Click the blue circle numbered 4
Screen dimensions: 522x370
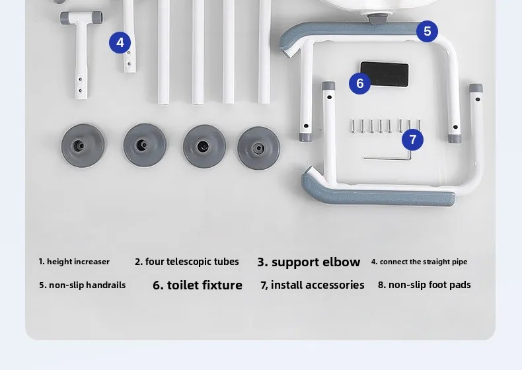click(x=120, y=43)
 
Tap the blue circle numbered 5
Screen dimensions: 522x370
click(x=427, y=31)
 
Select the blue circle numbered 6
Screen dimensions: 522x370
click(x=360, y=83)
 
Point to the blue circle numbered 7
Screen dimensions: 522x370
click(x=412, y=139)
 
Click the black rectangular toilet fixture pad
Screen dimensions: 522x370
click(x=385, y=74)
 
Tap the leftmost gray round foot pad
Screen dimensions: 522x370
click(x=83, y=145)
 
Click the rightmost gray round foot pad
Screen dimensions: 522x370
click(x=258, y=148)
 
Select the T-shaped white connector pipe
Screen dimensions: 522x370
click(x=81, y=50)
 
